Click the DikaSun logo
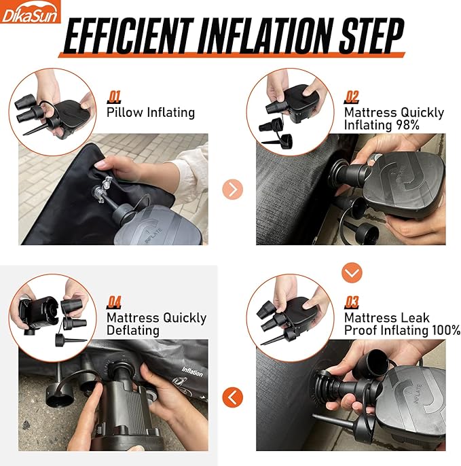[30, 12]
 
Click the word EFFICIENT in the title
[128, 35]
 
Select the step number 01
[114, 97]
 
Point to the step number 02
[352, 97]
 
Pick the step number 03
[352, 302]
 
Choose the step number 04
[114, 302]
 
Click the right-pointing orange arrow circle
[233, 190]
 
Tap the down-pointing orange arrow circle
[352, 272]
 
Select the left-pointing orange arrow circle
[233, 397]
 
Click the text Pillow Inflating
[151, 113]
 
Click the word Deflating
[133, 331]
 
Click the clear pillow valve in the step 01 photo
[102, 189]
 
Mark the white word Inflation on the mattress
[193, 372]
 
